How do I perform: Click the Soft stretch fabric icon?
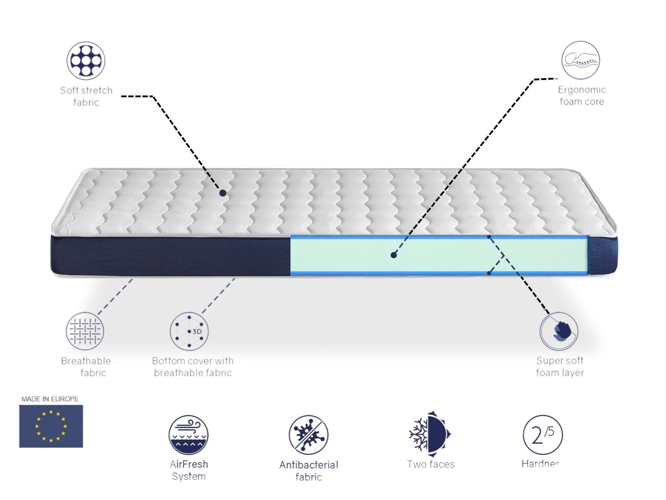86,61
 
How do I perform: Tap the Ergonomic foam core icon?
580,60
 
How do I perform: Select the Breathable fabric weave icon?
85,331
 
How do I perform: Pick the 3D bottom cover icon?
189,331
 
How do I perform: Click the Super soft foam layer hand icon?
559,331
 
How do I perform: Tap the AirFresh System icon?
188,435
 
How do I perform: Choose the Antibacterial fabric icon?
309,435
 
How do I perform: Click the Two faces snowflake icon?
430,434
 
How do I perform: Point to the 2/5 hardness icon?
543,435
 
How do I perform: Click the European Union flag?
51,426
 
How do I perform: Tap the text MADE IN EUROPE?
50,399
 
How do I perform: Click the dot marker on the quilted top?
223,193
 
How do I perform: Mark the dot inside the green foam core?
393,255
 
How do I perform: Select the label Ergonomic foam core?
582,96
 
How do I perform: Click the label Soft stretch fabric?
86,96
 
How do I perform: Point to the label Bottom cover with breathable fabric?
193,367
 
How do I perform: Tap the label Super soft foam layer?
559,367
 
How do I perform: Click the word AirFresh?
189,464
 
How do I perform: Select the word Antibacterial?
309,465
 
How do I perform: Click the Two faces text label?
431,464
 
